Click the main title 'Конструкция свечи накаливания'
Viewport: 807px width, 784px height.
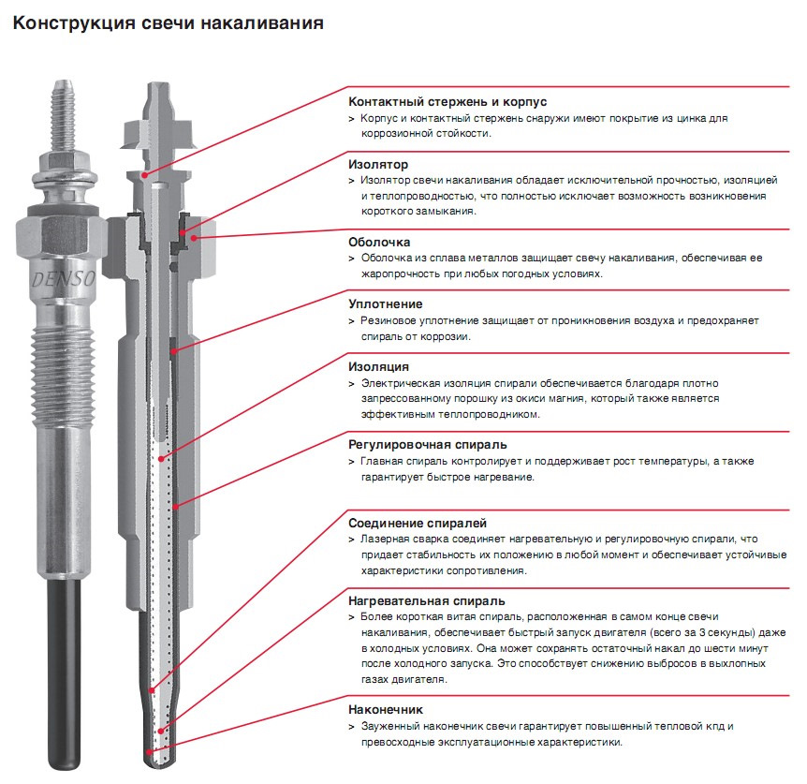point(169,23)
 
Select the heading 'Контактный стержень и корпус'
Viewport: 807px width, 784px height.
point(448,101)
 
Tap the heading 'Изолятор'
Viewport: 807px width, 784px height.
point(378,164)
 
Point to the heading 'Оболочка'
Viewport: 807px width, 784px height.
point(379,242)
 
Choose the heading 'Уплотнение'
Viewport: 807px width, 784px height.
point(386,304)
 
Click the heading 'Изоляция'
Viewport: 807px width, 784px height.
point(379,366)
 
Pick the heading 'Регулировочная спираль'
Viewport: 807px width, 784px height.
point(428,445)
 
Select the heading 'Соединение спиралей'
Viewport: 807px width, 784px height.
point(418,523)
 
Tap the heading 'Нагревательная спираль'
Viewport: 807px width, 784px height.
point(427,600)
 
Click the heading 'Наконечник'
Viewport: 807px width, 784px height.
point(386,709)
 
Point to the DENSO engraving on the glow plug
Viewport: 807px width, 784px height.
point(64,279)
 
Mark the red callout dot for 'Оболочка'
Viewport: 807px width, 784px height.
point(194,237)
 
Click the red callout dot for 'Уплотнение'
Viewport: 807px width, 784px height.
point(174,351)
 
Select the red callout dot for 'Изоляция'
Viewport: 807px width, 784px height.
point(161,459)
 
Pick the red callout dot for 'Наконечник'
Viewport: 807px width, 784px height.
point(149,751)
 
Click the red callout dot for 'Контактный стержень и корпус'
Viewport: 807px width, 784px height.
point(145,175)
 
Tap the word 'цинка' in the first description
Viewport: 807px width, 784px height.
point(691,118)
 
